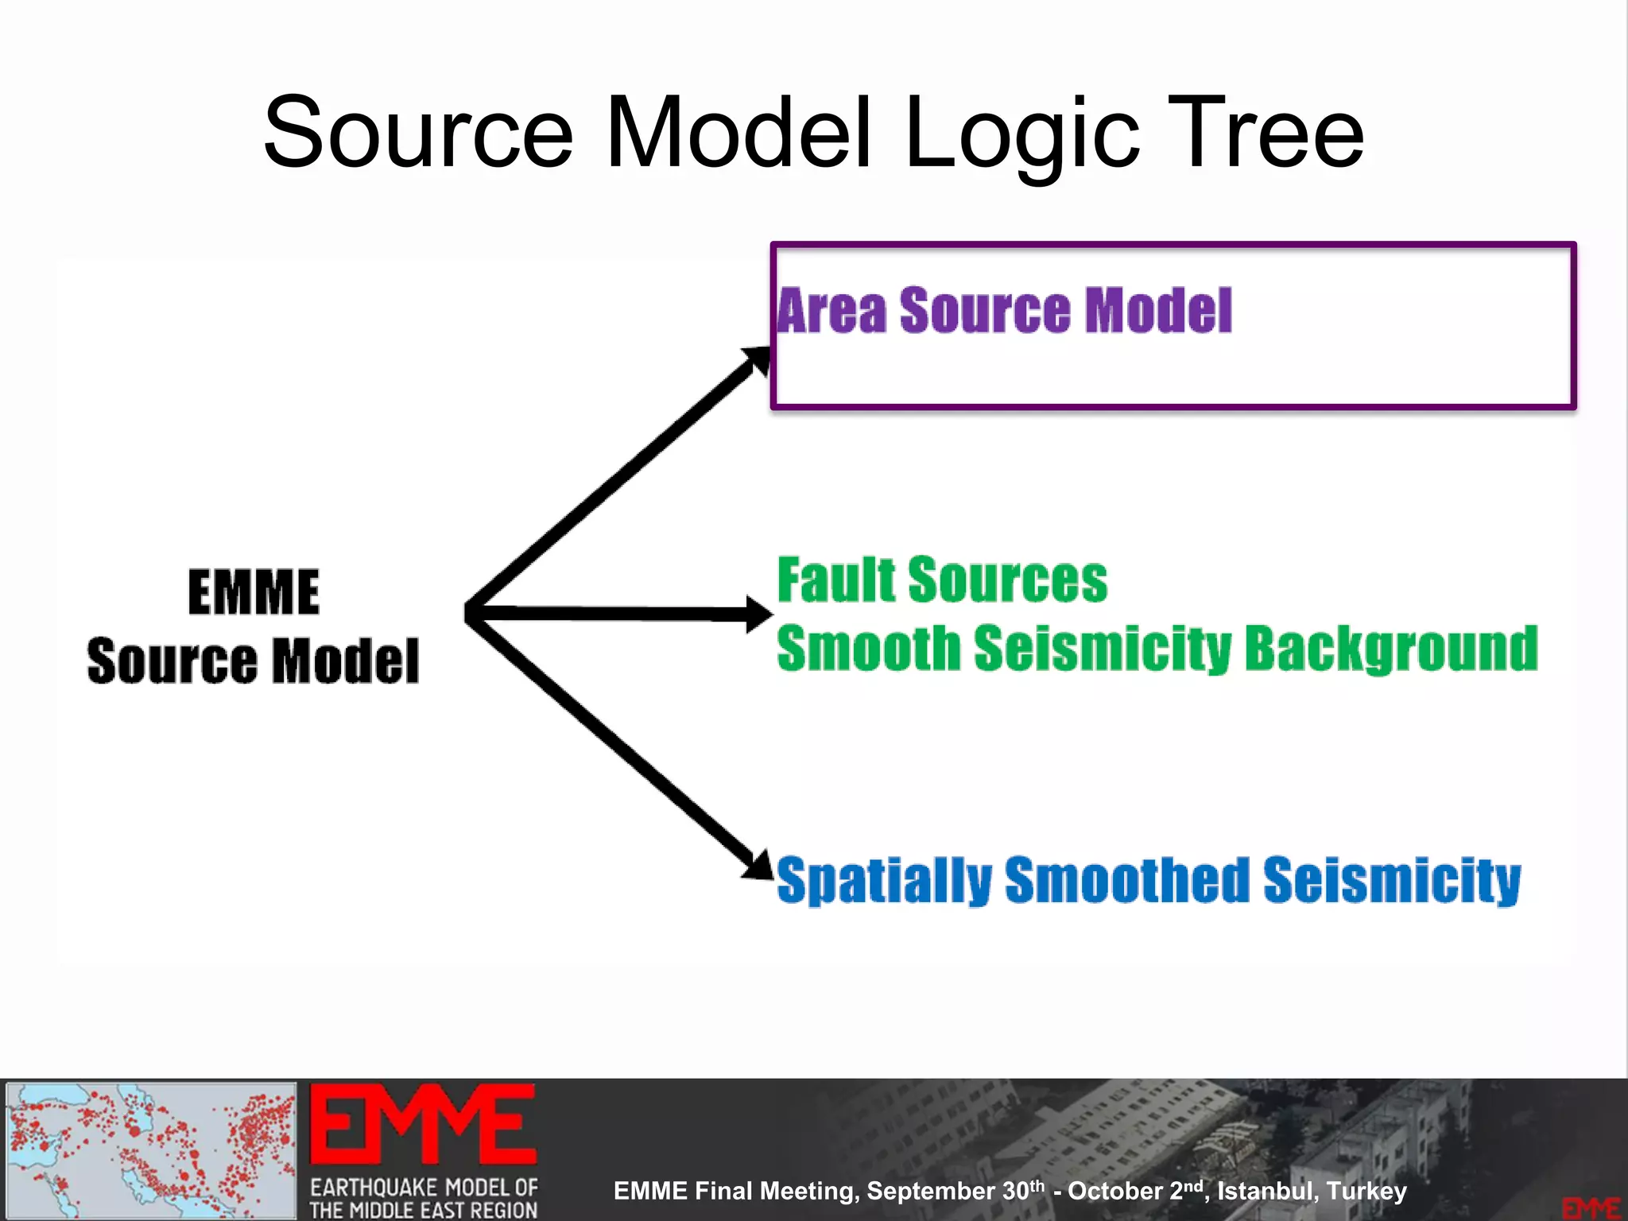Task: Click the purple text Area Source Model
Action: (1004, 310)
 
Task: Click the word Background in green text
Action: (1390, 649)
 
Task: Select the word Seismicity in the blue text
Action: (1391, 880)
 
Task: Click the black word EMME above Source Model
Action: (254, 592)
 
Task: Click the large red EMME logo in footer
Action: (423, 1124)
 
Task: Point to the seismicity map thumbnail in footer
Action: (151, 1149)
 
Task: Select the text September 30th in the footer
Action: (955, 1191)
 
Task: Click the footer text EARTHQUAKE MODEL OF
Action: (424, 1187)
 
